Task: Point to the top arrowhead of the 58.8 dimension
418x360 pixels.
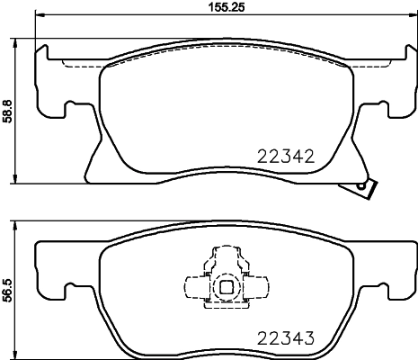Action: (x=21, y=43)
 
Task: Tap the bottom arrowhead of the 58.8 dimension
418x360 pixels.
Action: (x=21, y=179)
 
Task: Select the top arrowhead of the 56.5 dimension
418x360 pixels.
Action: (x=21, y=222)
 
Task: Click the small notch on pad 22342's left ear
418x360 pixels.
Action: (x=68, y=110)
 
